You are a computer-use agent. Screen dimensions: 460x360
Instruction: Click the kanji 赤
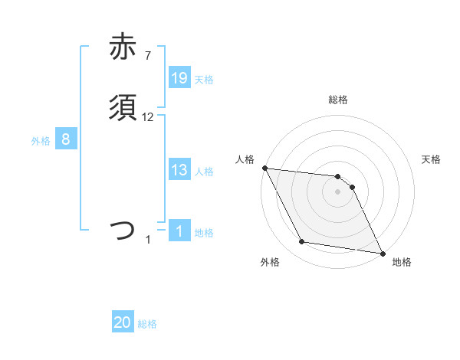[123, 47]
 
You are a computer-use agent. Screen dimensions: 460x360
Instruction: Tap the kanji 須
[123, 108]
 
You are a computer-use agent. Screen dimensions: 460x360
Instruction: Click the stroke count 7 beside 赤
[148, 56]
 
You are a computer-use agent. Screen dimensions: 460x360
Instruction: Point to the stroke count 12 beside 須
[148, 117]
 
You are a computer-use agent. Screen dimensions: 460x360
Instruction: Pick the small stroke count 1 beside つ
[148, 240]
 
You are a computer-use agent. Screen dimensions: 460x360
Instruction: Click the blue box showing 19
[179, 77]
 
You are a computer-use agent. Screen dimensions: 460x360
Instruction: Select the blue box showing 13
[179, 170]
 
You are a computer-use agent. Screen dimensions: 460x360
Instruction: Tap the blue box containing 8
[66, 139]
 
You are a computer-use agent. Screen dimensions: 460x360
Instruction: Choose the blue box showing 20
[123, 322]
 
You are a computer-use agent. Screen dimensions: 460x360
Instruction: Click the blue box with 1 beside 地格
[179, 231]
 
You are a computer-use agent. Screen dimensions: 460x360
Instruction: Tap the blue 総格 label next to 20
[147, 324]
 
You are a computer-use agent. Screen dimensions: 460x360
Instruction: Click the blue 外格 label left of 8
[41, 141]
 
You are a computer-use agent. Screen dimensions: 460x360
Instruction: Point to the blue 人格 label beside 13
[204, 172]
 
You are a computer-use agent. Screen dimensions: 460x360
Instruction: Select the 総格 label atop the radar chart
[338, 100]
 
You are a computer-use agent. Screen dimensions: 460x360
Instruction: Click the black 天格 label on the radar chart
[432, 159]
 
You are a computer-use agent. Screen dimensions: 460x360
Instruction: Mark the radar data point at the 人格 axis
[264, 168]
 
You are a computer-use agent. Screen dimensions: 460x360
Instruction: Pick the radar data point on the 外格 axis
[302, 243]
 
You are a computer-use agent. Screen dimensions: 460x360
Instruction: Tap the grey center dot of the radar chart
[338, 192]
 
